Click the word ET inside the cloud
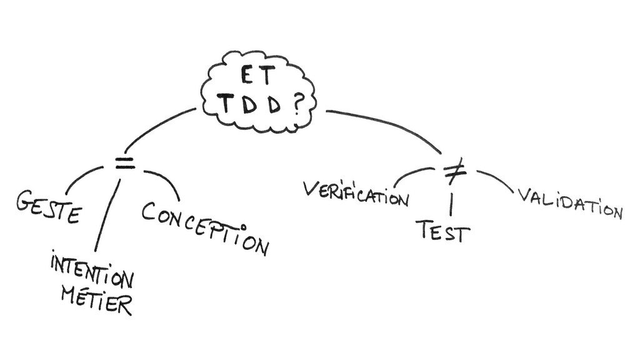pos(257,77)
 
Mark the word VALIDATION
pos(569,204)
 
